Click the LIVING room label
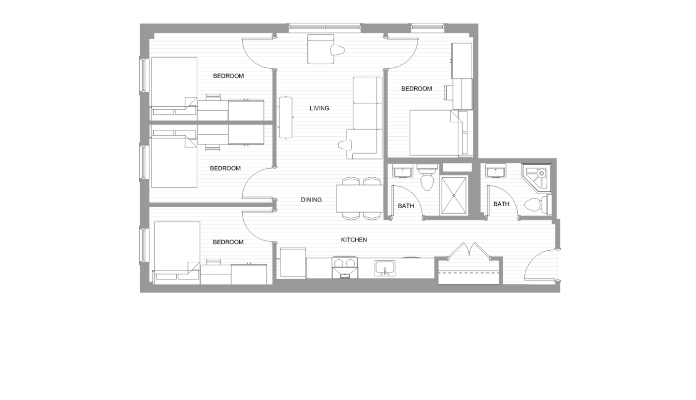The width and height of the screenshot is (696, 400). (x=319, y=108)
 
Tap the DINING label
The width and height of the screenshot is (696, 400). (x=311, y=200)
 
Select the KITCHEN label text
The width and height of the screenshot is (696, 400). (x=354, y=240)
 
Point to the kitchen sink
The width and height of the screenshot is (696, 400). (x=385, y=268)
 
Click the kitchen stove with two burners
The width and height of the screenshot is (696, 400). (x=345, y=267)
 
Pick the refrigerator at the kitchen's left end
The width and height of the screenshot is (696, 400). (x=292, y=262)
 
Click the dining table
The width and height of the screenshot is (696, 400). (x=360, y=199)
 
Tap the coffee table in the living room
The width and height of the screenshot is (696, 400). (x=285, y=117)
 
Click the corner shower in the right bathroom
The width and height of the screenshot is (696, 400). (x=537, y=177)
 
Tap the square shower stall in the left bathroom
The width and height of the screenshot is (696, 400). (x=453, y=196)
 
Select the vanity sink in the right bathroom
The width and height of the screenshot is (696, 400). (x=495, y=171)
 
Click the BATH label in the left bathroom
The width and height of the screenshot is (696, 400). (x=406, y=206)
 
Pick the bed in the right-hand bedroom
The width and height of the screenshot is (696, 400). (x=434, y=132)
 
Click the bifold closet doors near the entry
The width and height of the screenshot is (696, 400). (x=468, y=250)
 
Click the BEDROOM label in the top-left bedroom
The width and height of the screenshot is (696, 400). (x=228, y=76)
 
